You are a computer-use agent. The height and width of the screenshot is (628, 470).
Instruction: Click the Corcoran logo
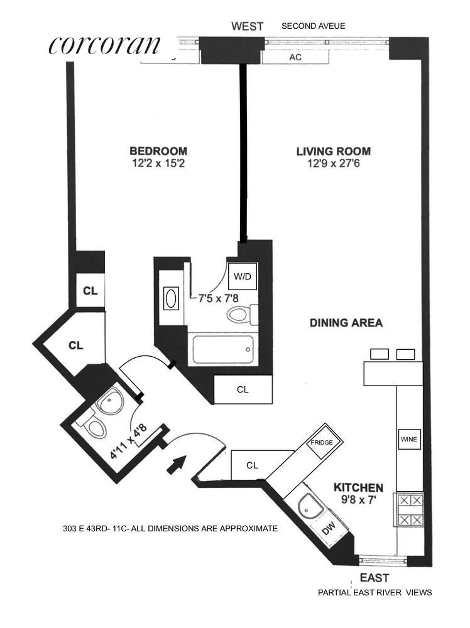[104, 45]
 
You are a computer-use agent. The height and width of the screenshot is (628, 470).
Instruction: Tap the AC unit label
[295, 57]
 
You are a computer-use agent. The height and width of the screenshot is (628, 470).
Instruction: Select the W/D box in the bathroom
[243, 276]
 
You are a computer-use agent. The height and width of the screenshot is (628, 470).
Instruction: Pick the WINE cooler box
[409, 440]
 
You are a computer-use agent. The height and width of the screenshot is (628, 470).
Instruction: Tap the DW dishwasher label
[329, 529]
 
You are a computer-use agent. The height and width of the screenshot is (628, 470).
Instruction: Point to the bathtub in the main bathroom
[223, 350]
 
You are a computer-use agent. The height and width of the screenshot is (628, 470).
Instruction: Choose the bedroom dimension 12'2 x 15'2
[158, 163]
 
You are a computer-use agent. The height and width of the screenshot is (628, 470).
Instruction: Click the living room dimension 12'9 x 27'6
[334, 163]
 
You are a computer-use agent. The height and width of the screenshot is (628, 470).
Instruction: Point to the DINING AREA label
[346, 323]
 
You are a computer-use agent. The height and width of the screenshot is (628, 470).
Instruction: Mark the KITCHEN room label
[358, 487]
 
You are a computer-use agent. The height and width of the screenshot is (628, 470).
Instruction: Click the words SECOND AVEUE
[314, 26]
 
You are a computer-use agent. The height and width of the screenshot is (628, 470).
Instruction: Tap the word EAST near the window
[374, 578]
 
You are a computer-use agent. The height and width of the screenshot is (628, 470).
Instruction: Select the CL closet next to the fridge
[252, 465]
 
